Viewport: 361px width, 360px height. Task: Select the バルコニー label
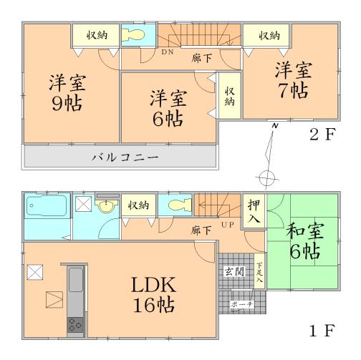(120, 156)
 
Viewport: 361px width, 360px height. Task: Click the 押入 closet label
(254, 211)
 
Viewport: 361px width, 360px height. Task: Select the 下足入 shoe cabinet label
(259, 272)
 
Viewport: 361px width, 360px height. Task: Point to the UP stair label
(228, 225)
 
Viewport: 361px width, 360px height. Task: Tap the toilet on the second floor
(134, 36)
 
